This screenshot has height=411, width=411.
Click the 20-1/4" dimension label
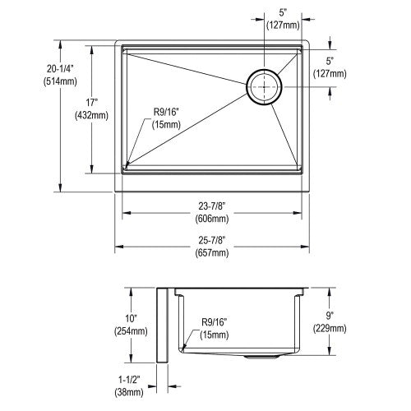point(60,69)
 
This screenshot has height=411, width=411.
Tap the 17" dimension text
point(91,103)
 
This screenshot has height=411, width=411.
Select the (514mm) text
point(60,81)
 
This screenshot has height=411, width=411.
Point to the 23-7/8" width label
point(212,205)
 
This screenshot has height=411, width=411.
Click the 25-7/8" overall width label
point(212,240)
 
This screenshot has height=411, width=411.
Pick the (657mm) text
point(212,252)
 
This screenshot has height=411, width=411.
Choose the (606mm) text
point(212,219)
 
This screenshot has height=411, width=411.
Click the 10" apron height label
point(132,318)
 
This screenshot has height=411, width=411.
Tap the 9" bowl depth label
point(330,316)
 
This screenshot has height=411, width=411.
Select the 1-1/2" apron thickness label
point(129,380)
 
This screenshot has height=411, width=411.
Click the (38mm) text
point(129,392)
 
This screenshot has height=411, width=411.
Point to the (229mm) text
point(330,328)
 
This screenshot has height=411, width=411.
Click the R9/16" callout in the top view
point(166,112)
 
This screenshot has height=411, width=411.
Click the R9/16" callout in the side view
point(215,322)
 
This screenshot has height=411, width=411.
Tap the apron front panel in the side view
point(162,326)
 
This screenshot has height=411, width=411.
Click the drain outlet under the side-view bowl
point(261,357)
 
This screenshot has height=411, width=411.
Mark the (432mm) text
point(91,115)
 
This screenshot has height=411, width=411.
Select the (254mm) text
point(131,331)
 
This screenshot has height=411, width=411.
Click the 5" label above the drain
point(283,12)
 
